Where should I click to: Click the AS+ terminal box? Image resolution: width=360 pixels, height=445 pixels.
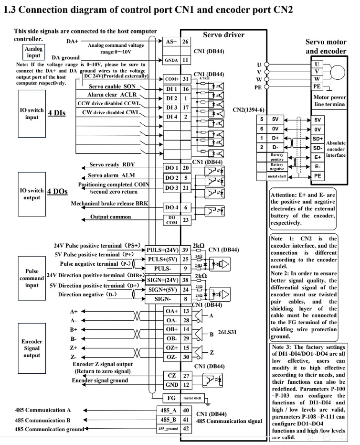[x=171, y=42]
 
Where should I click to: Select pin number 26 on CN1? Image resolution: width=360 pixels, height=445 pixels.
[x=185, y=42]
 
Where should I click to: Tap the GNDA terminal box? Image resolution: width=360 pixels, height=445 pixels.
[x=171, y=60]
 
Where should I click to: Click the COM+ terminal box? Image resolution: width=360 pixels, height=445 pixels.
[x=171, y=78]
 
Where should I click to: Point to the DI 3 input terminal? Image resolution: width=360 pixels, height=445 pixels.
[x=171, y=108]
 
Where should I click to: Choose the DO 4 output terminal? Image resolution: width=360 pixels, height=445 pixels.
[x=171, y=207]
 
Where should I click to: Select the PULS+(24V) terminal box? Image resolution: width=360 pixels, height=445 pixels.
[x=162, y=250]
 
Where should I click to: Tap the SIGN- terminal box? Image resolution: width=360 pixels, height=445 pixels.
[x=162, y=299]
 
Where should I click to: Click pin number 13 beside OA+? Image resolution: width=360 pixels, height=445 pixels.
[x=185, y=311]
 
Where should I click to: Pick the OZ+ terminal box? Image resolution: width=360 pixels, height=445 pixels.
[x=171, y=348]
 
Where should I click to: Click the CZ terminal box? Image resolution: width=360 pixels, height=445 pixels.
[x=171, y=376]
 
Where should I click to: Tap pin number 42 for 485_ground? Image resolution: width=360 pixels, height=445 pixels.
[x=185, y=429]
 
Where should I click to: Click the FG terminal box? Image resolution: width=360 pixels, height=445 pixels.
[x=171, y=398]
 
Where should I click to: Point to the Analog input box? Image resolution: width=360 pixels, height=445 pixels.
[x=34, y=52]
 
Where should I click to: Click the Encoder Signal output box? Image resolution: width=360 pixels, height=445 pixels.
[x=32, y=348]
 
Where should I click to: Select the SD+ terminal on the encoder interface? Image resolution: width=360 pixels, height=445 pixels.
[x=318, y=138]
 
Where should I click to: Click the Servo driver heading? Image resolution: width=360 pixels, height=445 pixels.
[x=223, y=34]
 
